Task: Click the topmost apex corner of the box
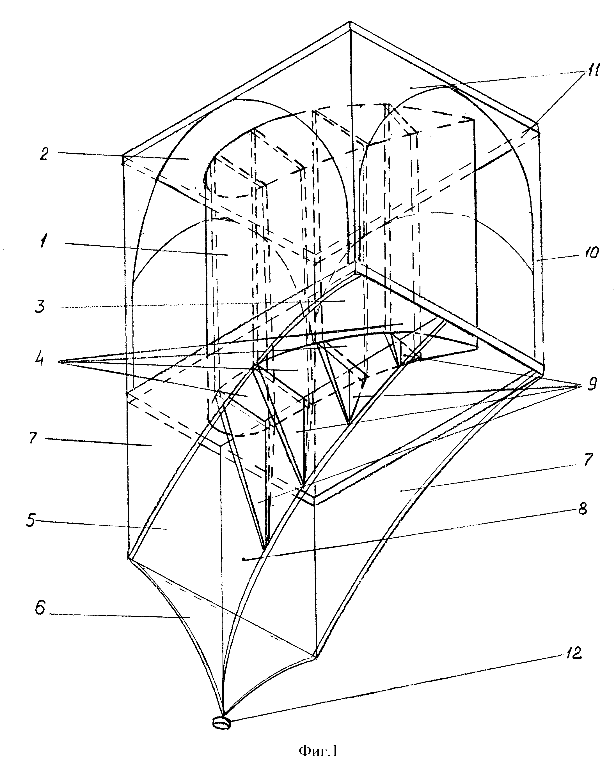click(350, 22)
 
